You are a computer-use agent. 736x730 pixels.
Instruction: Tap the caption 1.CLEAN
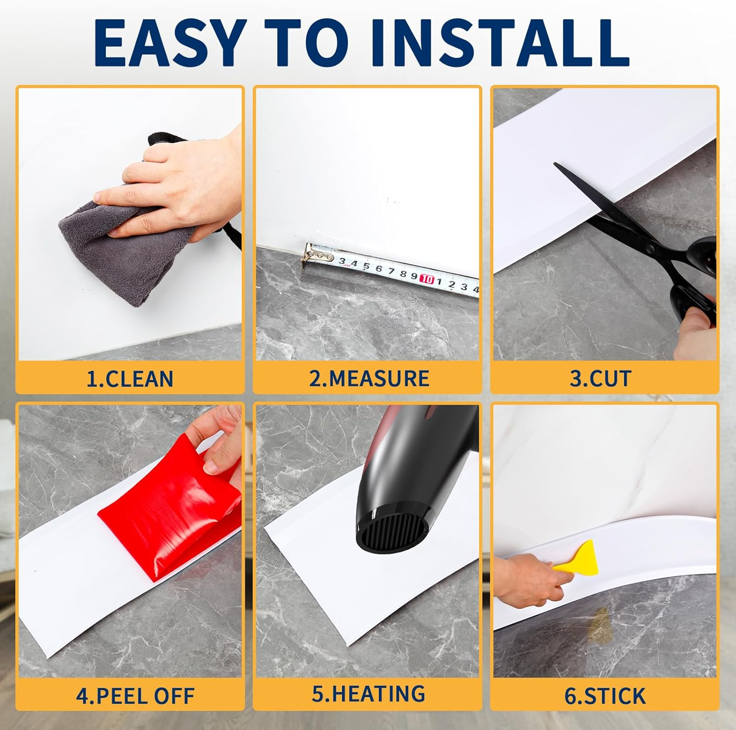pos(130,379)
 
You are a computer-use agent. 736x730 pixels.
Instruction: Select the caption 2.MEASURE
pos(369,379)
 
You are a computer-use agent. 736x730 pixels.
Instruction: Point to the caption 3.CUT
pos(600,379)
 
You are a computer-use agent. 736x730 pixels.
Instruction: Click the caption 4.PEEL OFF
pos(135,696)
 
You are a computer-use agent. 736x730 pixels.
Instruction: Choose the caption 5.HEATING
pos(368,694)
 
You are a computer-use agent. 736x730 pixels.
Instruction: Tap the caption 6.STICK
pos(605,696)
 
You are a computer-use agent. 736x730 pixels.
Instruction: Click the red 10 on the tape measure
pos(427,279)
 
